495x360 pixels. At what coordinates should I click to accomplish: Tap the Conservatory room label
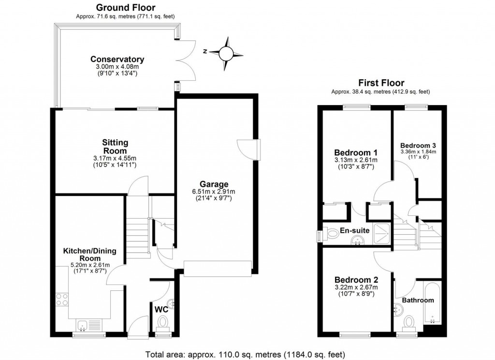[x=117, y=60]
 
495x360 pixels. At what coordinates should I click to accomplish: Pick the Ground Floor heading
[x=126, y=7]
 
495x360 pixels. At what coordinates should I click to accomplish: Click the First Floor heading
[x=381, y=83]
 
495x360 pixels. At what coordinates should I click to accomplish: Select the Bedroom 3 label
[x=418, y=145]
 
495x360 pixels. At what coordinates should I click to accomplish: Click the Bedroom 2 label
[x=356, y=279]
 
